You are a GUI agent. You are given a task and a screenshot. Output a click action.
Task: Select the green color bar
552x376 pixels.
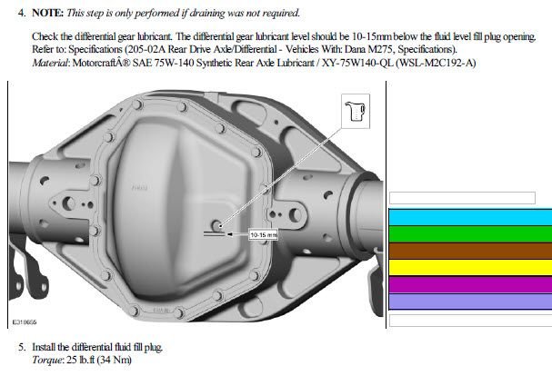pyautogui.click(x=469, y=233)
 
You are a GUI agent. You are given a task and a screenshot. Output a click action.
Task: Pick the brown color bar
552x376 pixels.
pyautogui.click(x=469, y=251)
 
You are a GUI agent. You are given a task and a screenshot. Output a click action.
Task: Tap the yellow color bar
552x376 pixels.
pyautogui.click(x=469, y=268)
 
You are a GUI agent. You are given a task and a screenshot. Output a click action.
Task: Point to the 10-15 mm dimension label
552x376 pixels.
pyautogui.click(x=262, y=233)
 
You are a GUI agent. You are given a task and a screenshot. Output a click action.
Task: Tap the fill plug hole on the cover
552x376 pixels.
pyautogui.click(x=217, y=223)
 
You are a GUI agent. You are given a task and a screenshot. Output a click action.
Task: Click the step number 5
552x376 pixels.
pyautogui.click(x=22, y=348)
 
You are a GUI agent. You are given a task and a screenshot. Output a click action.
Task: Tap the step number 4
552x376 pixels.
pyautogui.click(x=22, y=15)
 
